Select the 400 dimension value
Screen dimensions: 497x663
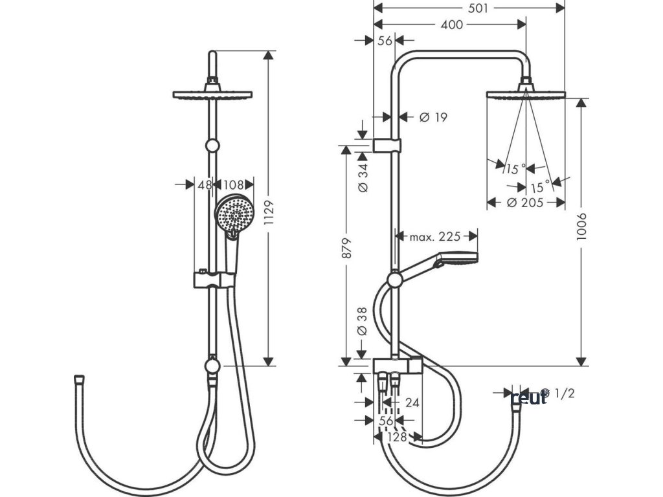pyautogui.click(x=451, y=25)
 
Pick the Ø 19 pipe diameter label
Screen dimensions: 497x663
pyautogui.click(x=433, y=117)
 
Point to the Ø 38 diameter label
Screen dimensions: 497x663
pyautogui.click(x=363, y=320)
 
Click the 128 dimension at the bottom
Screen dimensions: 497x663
pyautogui.click(x=396, y=437)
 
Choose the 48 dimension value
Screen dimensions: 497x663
pyautogui.click(x=205, y=185)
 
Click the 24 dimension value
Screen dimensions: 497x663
pyautogui.click(x=412, y=403)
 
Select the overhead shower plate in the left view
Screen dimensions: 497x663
pyautogui.click(x=212, y=94)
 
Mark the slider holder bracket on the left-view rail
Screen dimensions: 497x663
pyautogui.click(x=212, y=280)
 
